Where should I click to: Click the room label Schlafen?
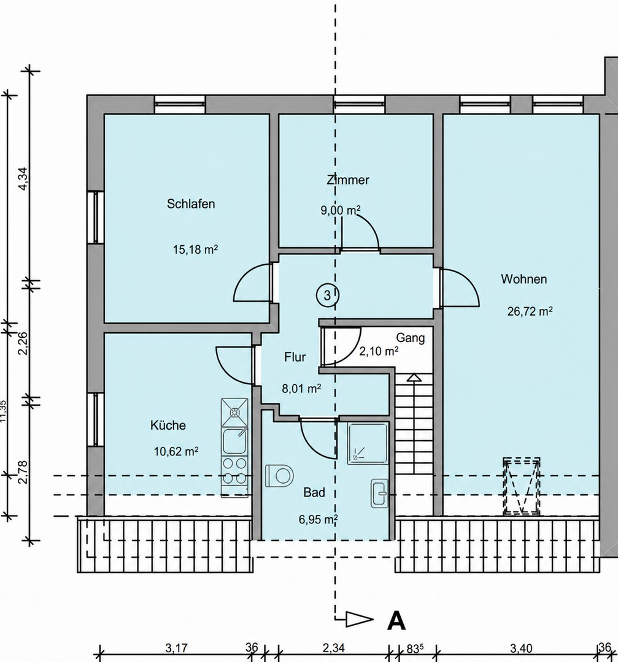pos(191,204)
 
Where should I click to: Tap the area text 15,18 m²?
pos(195,249)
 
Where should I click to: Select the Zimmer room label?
pos(348,180)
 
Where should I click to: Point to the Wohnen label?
pos(523,279)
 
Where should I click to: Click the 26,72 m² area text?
pos(530,311)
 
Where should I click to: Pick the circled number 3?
pos(327,295)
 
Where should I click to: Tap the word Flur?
pos(295,357)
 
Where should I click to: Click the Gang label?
pos(410,338)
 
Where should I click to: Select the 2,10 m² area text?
pos(379,351)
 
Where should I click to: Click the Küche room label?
pos(168,425)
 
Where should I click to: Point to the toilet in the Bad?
pos(279,476)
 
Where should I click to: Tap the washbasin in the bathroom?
pos(379,493)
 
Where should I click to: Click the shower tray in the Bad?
pos(368,443)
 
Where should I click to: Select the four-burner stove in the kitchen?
pos(234,470)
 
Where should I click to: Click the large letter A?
pos(396,621)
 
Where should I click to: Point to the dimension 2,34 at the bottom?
pos(333,648)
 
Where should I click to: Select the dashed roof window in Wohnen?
pos(521,486)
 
